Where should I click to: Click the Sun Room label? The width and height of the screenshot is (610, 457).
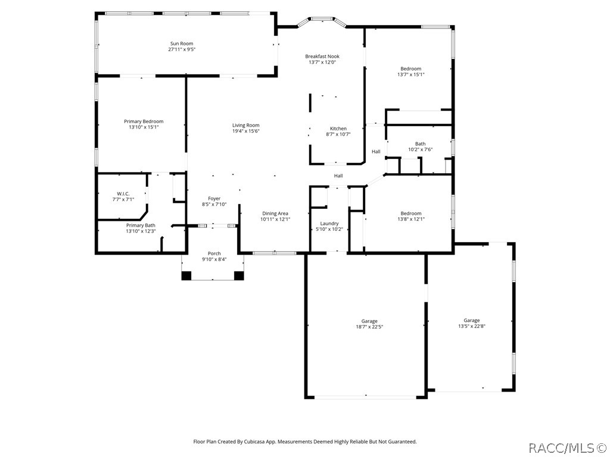pos(182,43)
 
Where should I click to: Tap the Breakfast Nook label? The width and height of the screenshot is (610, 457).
pos(322,57)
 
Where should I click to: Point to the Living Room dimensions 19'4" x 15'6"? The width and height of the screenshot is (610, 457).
pos(245,131)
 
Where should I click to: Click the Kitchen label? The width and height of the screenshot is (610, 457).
pos(338,129)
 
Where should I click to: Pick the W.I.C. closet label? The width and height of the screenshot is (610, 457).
pos(123,193)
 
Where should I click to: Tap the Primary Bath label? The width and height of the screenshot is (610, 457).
pos(141,225)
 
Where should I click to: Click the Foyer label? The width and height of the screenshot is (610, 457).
pos(214,199)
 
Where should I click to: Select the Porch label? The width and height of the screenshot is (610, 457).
pos(214,253)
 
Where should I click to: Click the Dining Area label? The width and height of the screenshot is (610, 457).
pos(275,213)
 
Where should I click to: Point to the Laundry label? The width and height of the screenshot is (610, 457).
pos(329,223)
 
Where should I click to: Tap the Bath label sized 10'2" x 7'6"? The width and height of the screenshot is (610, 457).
pos(420,143)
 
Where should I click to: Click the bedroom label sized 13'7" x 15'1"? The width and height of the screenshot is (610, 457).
pos(410,68)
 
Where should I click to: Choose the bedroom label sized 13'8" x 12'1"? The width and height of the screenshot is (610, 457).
pos(410,214)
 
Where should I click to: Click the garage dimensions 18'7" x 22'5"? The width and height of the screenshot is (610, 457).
pos(369,327)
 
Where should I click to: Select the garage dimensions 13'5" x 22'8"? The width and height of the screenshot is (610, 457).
pos(472,326)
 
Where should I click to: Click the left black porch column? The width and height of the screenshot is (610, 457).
pos(186,276)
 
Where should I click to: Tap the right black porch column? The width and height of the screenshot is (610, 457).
pos(239,276)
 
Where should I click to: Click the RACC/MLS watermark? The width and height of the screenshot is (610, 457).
pos(567,447)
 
